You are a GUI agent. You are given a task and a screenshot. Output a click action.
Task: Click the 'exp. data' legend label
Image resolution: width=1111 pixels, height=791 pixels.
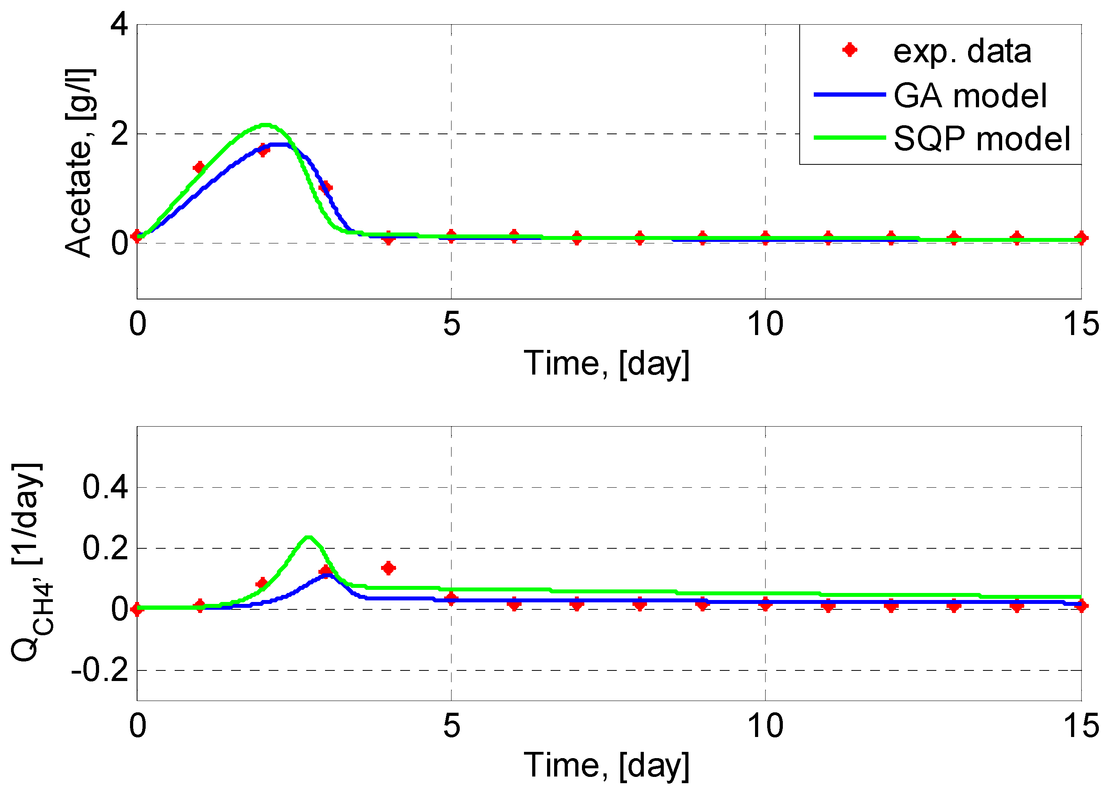click(962, 51)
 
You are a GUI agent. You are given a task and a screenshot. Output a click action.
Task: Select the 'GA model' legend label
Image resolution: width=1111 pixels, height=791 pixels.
click(970, 95)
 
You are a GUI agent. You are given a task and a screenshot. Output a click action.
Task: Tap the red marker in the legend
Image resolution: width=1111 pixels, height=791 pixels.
click(849, 50)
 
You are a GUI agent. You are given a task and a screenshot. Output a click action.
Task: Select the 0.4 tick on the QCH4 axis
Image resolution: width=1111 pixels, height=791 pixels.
click(105, 486)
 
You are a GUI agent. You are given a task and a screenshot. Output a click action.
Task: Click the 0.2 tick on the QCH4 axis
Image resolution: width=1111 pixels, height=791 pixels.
click(105, 548)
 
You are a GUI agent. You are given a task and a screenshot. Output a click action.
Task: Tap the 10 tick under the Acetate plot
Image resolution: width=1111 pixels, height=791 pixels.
click(765, 324)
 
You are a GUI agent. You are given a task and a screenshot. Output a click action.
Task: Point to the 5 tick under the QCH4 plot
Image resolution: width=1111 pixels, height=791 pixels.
click(451, 726)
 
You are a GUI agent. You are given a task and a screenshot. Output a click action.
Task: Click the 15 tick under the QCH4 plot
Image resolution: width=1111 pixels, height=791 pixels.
click(1081, 726)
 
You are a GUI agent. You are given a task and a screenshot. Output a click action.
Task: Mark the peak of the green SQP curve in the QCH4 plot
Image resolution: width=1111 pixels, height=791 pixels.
click(308, 537)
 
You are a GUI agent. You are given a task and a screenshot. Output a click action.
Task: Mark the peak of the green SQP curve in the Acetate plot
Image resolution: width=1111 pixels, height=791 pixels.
click(265, 125)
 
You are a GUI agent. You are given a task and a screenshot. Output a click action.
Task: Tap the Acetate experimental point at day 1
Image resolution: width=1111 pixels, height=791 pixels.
click(199, 168)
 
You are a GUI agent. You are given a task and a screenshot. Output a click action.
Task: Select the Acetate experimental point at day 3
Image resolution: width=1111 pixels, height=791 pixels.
click(325, 187)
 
